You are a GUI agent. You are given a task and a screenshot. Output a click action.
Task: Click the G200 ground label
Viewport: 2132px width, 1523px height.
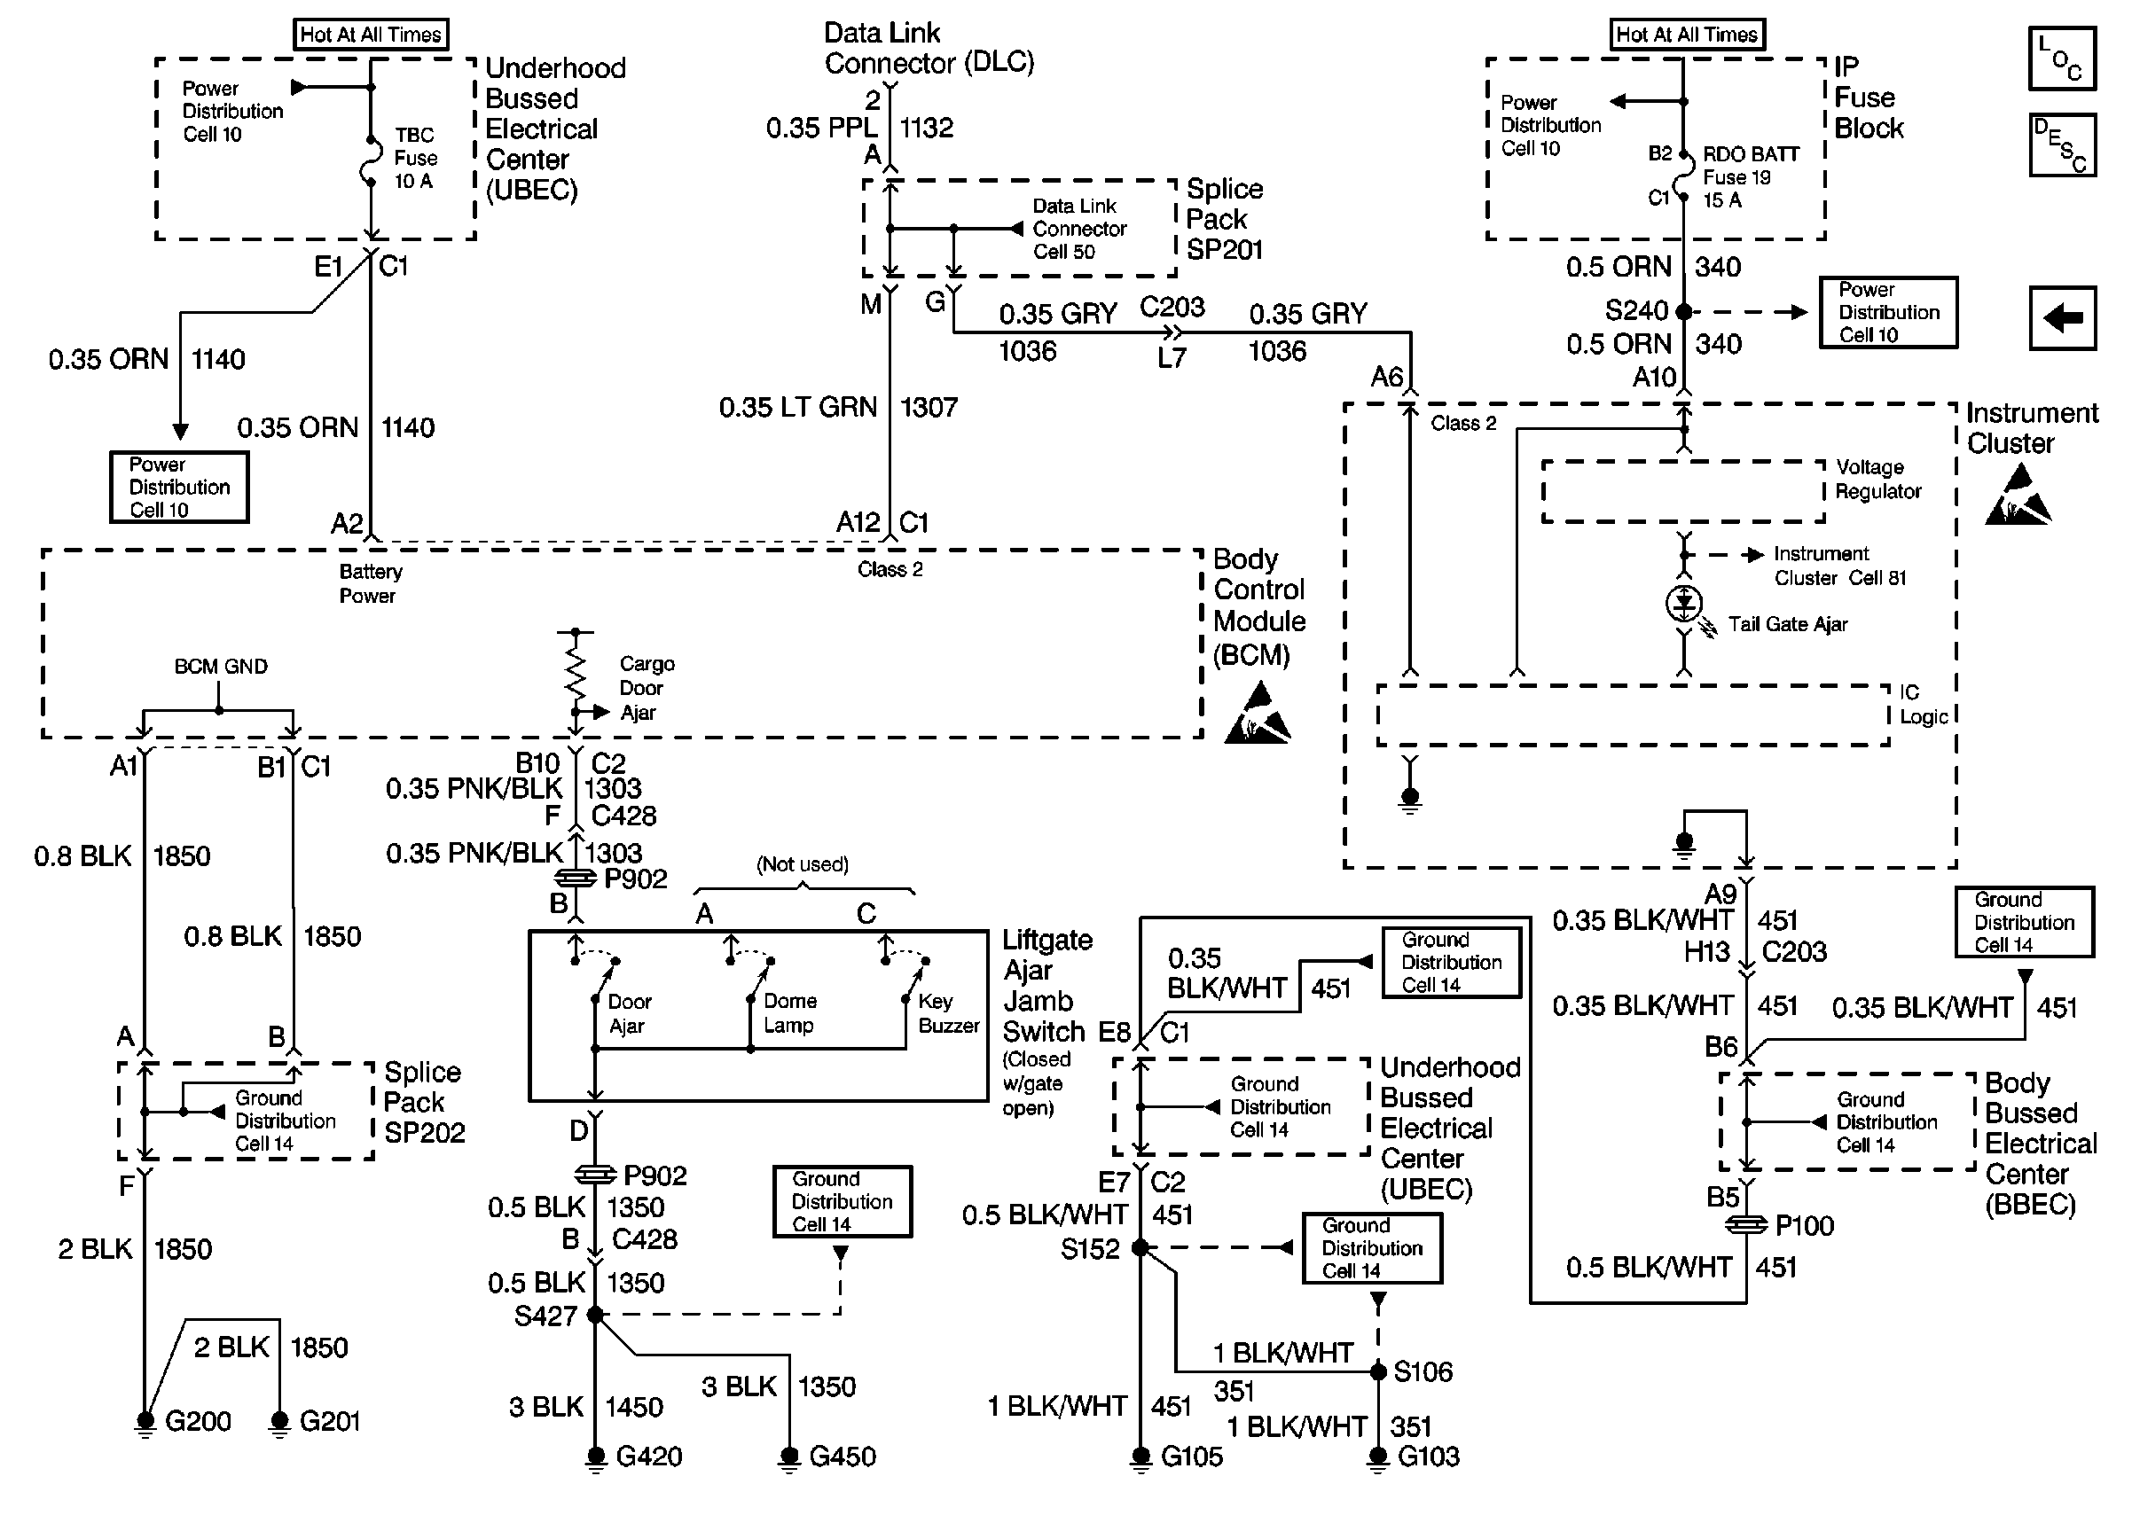click(x=198, y=1422)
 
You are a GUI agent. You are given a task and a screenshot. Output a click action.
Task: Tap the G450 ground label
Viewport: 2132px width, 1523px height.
click(x=843, y=1457)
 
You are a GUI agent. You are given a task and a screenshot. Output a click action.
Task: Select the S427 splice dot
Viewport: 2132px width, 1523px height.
click(x=595, y=1315)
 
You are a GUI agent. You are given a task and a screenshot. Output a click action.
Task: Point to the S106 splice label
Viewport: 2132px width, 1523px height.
click(x=1423, y=1372)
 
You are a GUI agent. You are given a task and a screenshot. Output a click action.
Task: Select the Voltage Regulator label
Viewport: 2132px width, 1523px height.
click(x=1877, y=480)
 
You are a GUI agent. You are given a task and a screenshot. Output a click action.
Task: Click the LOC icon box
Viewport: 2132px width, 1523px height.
click(x=2062, y=59)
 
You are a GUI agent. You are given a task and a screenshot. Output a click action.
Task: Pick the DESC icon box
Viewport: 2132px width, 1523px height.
click(x=2062, y=145)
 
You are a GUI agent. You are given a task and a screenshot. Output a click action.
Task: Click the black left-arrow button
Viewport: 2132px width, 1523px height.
click(x=2062, y=318)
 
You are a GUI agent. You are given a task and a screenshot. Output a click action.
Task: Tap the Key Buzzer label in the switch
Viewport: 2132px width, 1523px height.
click(x=948, y=1013)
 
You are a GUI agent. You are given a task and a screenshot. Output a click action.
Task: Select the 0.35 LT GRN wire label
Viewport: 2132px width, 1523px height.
click(x=798, y=408)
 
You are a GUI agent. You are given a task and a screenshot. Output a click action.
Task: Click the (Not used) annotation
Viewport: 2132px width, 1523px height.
click(x=802, y=863)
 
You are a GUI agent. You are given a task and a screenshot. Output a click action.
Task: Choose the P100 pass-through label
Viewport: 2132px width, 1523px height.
click(x=1805, y=1226)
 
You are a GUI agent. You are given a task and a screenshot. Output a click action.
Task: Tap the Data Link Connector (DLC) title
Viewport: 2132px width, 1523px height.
click(x=929, y=48)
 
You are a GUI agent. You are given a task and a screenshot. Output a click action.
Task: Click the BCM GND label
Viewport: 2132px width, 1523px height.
click(x=221, y=667)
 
